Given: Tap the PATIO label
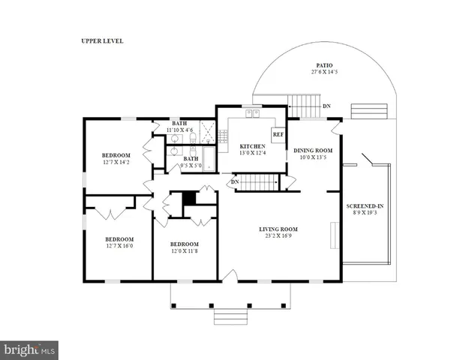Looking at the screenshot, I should [x=323, y=65].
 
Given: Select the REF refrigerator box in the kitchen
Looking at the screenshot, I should [x=278, y=135].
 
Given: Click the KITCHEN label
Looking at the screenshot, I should [x=253, y=145].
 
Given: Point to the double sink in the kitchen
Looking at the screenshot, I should [x=253, y=114].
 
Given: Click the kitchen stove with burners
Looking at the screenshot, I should [x=223, y=136].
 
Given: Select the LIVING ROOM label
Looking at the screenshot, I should [x=278, y=229].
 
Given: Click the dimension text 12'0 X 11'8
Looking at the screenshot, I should [x=184, y=251].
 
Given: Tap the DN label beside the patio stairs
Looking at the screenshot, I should [x=326, y=106].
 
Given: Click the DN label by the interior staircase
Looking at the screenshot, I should [x=235, y=181].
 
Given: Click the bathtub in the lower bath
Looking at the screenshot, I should [x=209, y=159].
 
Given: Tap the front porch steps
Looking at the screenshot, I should [x=230, y=316].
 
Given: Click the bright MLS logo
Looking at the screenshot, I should [x=29, y=349].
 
